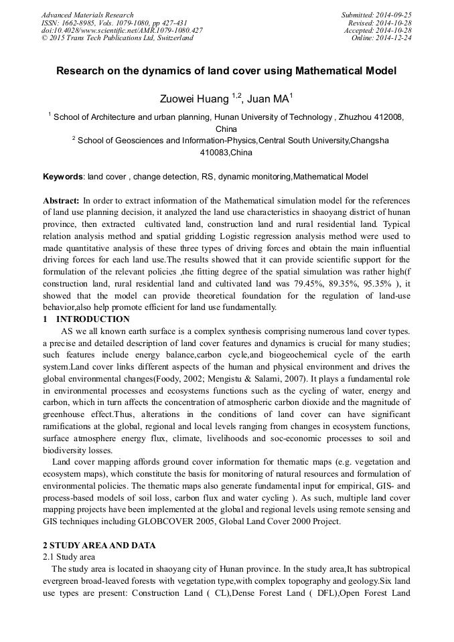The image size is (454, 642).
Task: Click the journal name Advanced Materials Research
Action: click(x=87, y=15)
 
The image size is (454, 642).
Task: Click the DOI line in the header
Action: click(x=122, y=31)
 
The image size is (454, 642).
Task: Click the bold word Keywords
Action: click(x=63, y=177)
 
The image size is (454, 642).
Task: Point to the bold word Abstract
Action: click(x=61, y=200)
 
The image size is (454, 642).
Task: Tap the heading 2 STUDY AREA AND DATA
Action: click(x=98, y=545)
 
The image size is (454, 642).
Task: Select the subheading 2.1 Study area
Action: click(x=69, y=557)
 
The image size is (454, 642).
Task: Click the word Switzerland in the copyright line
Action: click(x=172, y=38)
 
